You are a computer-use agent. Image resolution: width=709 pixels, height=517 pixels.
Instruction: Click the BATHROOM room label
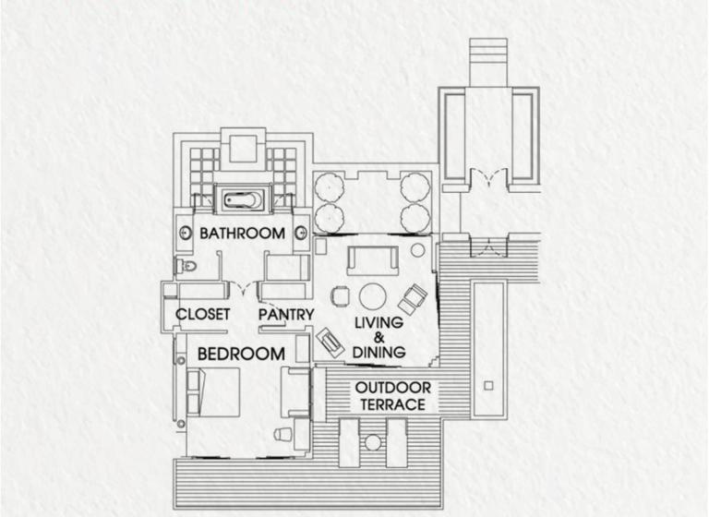[243, 234]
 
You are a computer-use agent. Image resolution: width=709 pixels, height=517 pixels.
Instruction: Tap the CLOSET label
[202, 314]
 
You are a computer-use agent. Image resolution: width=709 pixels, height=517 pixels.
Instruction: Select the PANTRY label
[286, 315]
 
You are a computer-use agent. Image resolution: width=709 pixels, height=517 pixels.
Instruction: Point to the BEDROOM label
[241, 354]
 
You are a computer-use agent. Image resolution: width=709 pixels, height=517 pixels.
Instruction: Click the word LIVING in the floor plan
[379, 322]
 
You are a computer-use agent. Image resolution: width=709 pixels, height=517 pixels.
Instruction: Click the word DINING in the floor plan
[379, 352]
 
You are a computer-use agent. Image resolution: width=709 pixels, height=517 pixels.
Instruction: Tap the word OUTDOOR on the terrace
[393, 388]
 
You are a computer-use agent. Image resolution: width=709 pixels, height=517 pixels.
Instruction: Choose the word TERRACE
[393, 404]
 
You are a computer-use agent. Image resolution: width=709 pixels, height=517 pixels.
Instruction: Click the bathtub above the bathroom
[244, 199]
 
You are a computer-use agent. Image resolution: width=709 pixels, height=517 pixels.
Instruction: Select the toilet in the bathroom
[186, 265]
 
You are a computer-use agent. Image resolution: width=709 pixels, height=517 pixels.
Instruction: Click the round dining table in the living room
[373, 296]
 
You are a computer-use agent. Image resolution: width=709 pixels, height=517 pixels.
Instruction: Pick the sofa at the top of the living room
[373, 260]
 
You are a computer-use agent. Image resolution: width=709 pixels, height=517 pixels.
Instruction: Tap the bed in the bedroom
[213, 392]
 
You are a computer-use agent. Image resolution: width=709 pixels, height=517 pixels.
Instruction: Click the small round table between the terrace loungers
[373, 442]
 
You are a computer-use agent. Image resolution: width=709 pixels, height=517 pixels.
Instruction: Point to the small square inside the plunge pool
[488, 386]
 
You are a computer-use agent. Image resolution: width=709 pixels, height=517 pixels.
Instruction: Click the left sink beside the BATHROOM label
[185, 234]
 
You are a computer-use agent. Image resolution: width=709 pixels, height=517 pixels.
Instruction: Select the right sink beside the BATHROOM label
[301, 234]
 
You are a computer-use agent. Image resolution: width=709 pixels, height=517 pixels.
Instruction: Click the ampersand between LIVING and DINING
[379, 337]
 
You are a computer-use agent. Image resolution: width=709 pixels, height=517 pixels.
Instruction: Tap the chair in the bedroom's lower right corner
[282, 433]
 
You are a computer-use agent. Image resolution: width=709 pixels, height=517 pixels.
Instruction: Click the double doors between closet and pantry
[244, 289]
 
